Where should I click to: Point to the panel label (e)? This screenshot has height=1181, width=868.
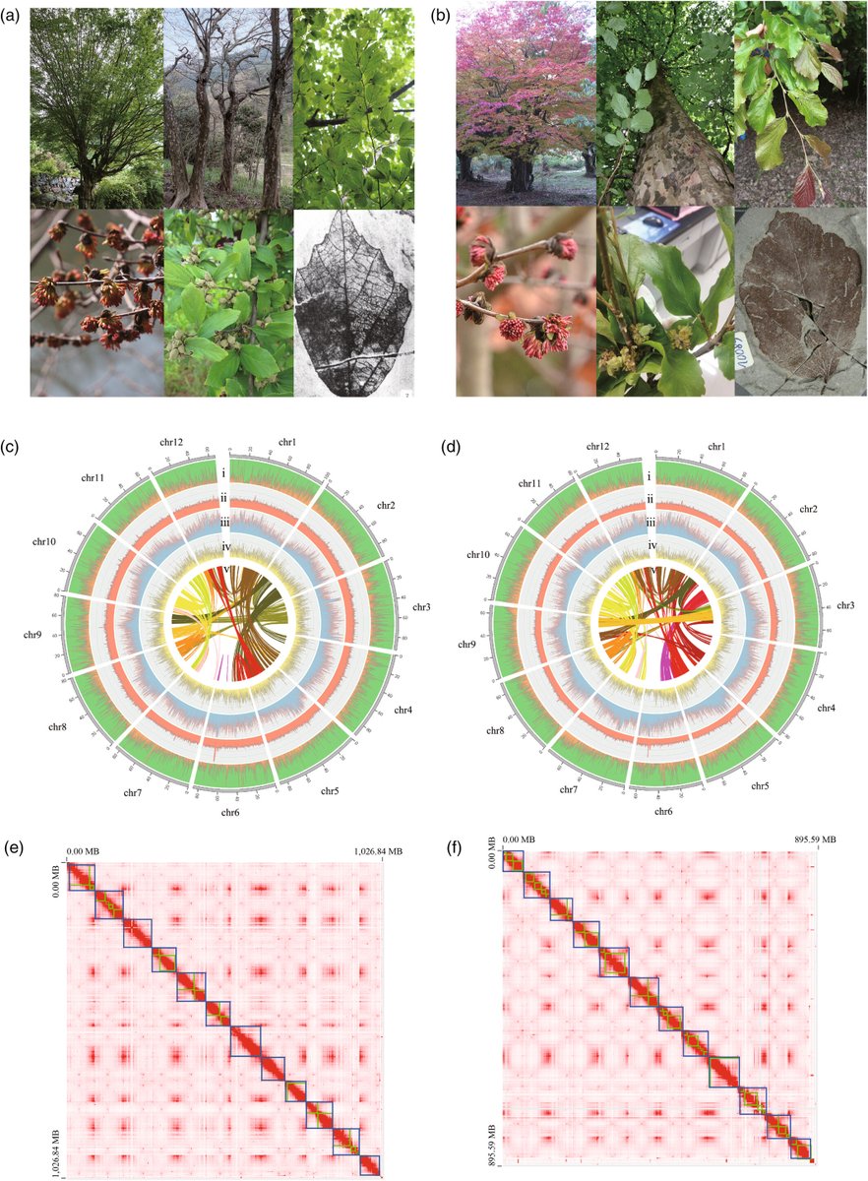13,845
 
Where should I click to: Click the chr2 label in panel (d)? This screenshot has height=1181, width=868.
808,509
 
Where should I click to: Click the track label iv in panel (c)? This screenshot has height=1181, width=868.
225,546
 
